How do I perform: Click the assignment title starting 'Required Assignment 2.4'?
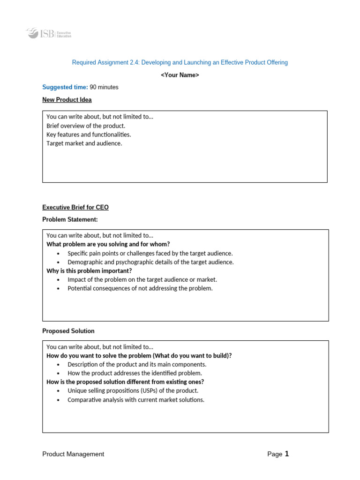pyautogui.click(x=180, y=62)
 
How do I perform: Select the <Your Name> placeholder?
pyautogui.click(x=180, y=75)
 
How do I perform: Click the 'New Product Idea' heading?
pyautogui.click(x=67, y=100)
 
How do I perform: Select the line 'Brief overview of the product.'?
pyautogui.click(x=86, y=126)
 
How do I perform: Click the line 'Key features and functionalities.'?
pyautogui.click(x=89, y=135)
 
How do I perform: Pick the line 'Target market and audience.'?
pyautogui.click(x=84, y=143)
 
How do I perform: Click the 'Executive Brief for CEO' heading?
pyautogui.click(x=75, y=207)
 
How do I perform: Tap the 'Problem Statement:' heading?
pyautogui.click(x=70, y=219)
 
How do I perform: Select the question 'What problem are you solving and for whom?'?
pyautogui.click(x=108, y=244)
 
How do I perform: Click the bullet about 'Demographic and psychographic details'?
pyautogui.click(x=150, y=262)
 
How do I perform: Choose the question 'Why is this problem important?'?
pyautogui.click(x=89, y=271)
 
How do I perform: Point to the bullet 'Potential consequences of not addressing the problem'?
pyautogui.click(x=140, y=288)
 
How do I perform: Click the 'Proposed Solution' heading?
pyautogui.click(x=68, y=331)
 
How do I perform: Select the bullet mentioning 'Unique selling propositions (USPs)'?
pyautogui.click(x=133, y=390)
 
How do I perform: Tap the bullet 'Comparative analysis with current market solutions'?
pyautogui.click(x=136, y=400)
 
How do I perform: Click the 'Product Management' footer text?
pyautogui.click(x=73, y=454)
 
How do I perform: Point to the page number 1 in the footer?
pyautogui.click(x=287, y=454)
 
